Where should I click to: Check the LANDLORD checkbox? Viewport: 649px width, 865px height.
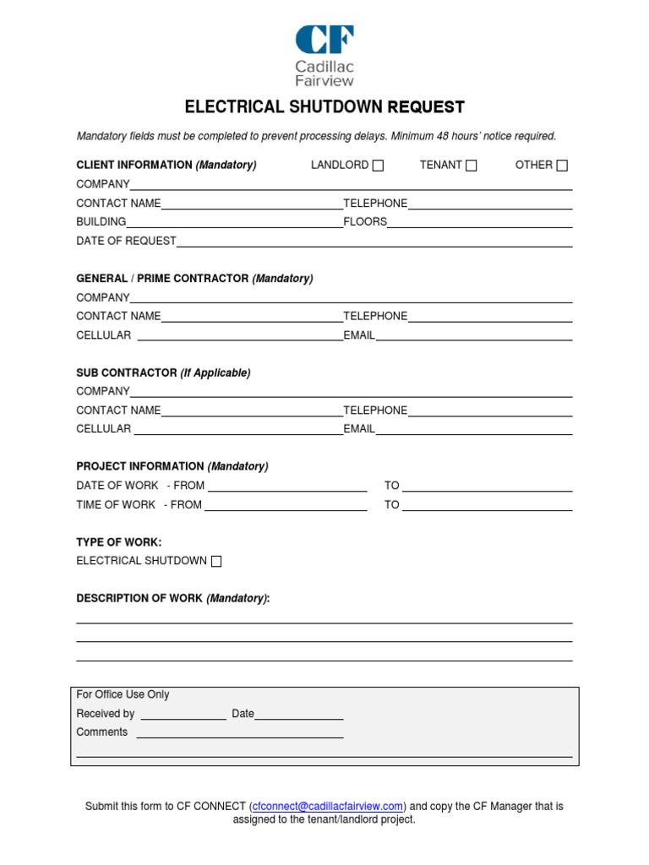click(378, 166)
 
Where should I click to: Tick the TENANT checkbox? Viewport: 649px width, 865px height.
click(471, 166)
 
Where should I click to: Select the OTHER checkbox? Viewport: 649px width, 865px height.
click(562, 166)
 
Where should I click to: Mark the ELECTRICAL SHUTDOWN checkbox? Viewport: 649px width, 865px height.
click(216, 561)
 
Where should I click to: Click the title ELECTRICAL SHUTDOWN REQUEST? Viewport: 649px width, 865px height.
click(324, 107)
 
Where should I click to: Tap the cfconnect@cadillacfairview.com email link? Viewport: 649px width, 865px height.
click(328, 806)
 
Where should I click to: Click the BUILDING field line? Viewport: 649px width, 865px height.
click(234, 222)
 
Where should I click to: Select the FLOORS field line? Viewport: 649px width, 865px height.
click(479, 222)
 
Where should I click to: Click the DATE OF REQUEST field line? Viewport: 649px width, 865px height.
click(374, 242)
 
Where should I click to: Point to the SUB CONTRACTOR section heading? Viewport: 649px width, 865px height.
click(163, 373)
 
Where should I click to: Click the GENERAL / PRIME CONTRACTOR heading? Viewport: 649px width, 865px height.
click(194, 278)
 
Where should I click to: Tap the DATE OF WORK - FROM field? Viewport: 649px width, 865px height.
click(287, 486)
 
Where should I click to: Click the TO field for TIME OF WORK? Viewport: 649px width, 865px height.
click(487, 505)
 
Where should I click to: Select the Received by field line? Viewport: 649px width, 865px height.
click(183, 715)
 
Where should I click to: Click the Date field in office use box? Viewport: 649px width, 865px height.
click(298, 715)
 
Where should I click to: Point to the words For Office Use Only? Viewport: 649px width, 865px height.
click(123, 694)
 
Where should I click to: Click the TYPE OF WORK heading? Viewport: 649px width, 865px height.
click(118, 541)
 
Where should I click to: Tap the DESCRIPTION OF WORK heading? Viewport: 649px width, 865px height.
click(173, 598)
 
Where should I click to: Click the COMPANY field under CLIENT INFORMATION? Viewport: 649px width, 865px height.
click(351, 184)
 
